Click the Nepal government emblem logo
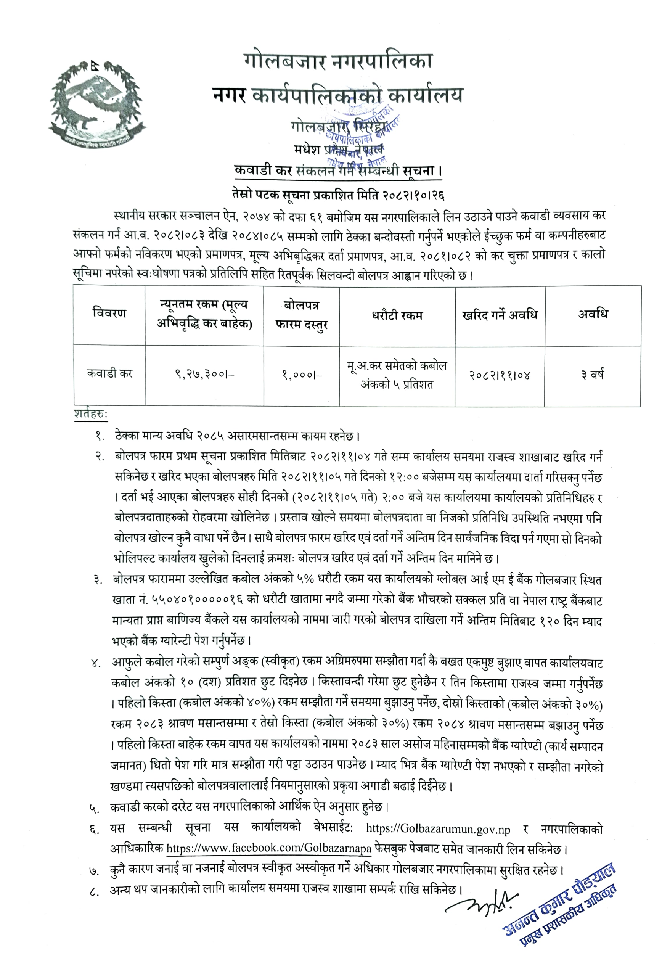pyautogui.click(x=96, y=103)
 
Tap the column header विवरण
pyautogui.click(x=109, y=314)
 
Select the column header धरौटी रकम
pyautogui.click(x=397, y=316)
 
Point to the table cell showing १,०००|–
pyautogui.click(x=302, y=375)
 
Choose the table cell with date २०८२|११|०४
pyautogui.click(x=500, y=375)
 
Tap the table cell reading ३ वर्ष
pyautogui.click(x=592, y=375)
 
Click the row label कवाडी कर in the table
pyautogui.click(x=109, y=374)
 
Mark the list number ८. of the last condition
pyautogui.click(x=94, y=891)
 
